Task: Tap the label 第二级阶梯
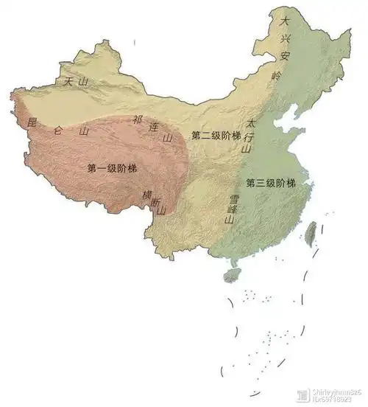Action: click(216, 135)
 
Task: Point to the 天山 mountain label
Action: click(77, 83)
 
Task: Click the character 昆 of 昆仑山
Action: click(31, 122)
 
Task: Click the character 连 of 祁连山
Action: click(154, 128)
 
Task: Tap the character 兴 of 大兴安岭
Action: click(285, 38)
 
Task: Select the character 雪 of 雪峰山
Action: click(233, 198)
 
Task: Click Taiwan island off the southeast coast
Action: click(311, 232)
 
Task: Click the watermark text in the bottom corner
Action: click(331, 396)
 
